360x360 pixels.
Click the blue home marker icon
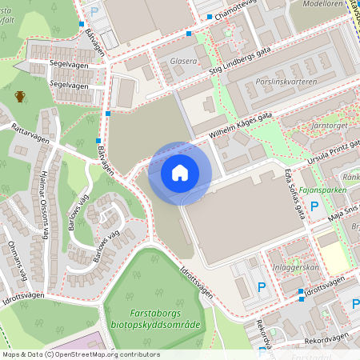tap(180, 173)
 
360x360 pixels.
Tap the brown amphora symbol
tap(20, 97)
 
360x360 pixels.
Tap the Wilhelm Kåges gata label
tap(241, 126)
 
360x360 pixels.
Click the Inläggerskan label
tap(296, 267)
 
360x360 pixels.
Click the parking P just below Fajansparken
tap(314, 206)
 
